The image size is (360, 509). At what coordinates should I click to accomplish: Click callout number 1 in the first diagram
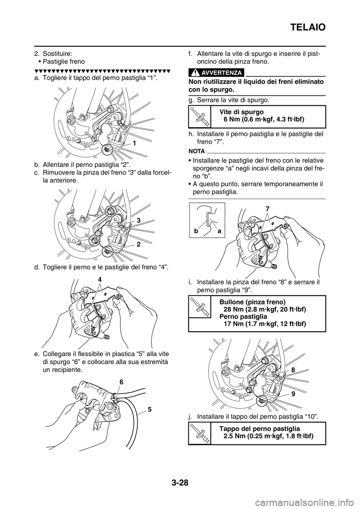click(135, 143)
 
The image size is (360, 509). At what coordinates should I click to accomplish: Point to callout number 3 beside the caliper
click(138, 220)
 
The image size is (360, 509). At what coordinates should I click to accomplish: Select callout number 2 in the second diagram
click(138, 244)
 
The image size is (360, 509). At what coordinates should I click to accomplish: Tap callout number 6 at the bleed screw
click(121, 382)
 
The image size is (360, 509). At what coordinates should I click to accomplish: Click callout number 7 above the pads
click(267, 208)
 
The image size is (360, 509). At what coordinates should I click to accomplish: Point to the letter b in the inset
click(196, 231)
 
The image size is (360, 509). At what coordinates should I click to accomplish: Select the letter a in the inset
click(219, 232)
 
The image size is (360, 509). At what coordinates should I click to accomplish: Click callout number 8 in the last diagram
click(293, 370)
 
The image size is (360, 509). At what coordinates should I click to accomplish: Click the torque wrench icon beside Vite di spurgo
click(199, 116)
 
